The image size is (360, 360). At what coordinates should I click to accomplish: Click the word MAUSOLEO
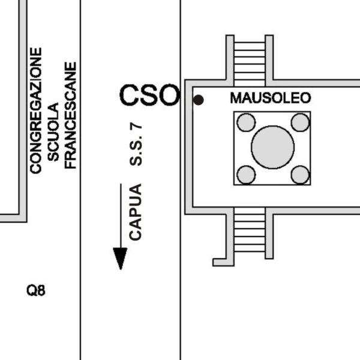click(271, 98)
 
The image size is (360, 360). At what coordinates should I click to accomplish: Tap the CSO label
click(149, 95)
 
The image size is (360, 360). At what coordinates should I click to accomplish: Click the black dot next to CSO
click(198, 100)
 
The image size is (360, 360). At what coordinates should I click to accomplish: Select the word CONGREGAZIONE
click(37, 111)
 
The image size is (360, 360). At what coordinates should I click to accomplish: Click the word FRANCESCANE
click(71, 115)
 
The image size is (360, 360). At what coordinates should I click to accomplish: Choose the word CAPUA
click(136, 212)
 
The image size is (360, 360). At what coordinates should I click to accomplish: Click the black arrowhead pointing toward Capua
click(121, 258)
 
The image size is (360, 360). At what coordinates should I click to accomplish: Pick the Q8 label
click(36, 292)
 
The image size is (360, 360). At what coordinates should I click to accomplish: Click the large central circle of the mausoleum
click(272, 148)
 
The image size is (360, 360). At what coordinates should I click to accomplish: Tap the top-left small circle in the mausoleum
click(246, 122)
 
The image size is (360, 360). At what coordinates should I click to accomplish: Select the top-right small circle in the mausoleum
click(300, 122)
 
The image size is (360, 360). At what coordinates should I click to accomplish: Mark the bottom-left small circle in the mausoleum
click(246, 175)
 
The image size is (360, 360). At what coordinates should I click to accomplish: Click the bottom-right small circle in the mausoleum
click(300, 175)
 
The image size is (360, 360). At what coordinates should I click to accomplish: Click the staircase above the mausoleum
click(249, 60)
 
